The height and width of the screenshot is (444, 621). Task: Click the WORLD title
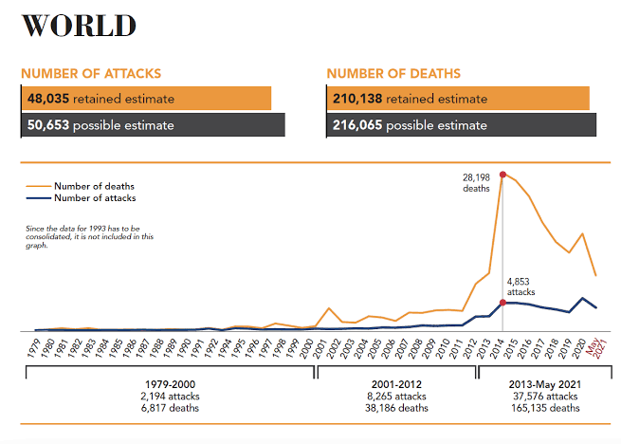point(79,26)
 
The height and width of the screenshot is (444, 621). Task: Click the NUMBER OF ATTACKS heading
point(91,73)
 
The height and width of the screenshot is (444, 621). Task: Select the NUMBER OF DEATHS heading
point(393,73)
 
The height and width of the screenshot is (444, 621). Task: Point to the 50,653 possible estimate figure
point(100,125)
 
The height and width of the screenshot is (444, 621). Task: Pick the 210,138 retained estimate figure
point(410,99)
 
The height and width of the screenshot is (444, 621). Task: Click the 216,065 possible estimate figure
point(410,125)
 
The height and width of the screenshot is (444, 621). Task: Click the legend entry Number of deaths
point(93,186)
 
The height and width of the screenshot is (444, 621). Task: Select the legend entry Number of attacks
point(94,198)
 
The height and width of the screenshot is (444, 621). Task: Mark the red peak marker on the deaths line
point(502,175)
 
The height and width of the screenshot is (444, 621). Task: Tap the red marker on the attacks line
point(502,303)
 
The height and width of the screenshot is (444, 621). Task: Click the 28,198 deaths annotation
point(476,183)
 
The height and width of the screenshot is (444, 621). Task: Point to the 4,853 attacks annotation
point(521,287)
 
